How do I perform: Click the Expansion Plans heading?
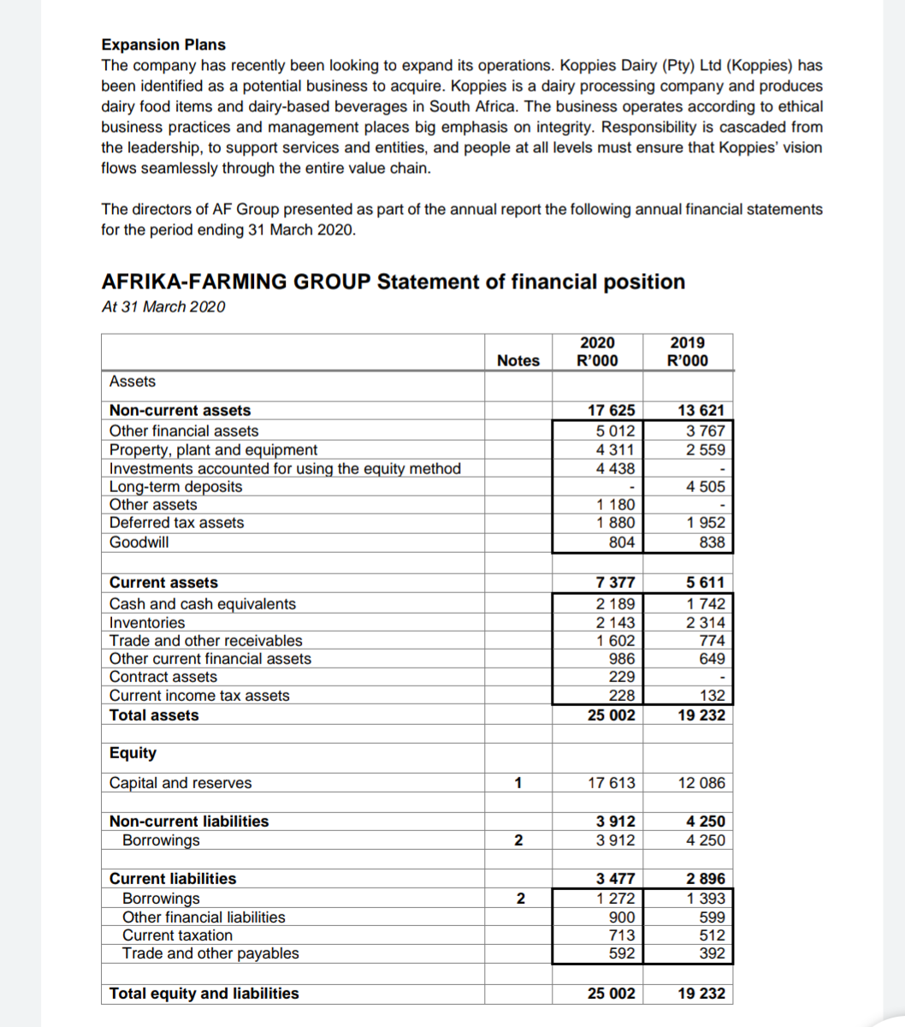pos(163,45)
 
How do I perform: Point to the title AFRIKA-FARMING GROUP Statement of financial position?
pos(393,282)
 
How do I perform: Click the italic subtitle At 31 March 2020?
pos(163,307)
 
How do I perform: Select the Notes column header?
pos(518,360)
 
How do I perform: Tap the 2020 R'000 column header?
pos(596,351)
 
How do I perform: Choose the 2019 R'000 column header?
pos(687,351)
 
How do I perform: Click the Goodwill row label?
pos(139,542)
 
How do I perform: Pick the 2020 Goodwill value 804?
pos(621,542)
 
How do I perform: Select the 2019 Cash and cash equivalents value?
pos(706,603)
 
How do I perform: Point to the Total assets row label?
pos(154,715)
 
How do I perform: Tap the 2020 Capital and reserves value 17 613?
pos(612,782)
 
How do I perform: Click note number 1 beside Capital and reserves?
pos(518,782)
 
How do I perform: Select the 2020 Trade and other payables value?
pos(621,953)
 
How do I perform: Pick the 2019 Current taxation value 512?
pos(712,935)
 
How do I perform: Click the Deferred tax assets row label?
pos(176,523)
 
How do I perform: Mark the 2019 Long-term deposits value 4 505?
pos(706,486)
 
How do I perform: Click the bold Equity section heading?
pos(133,753)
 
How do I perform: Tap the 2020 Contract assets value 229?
pos(621,677)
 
